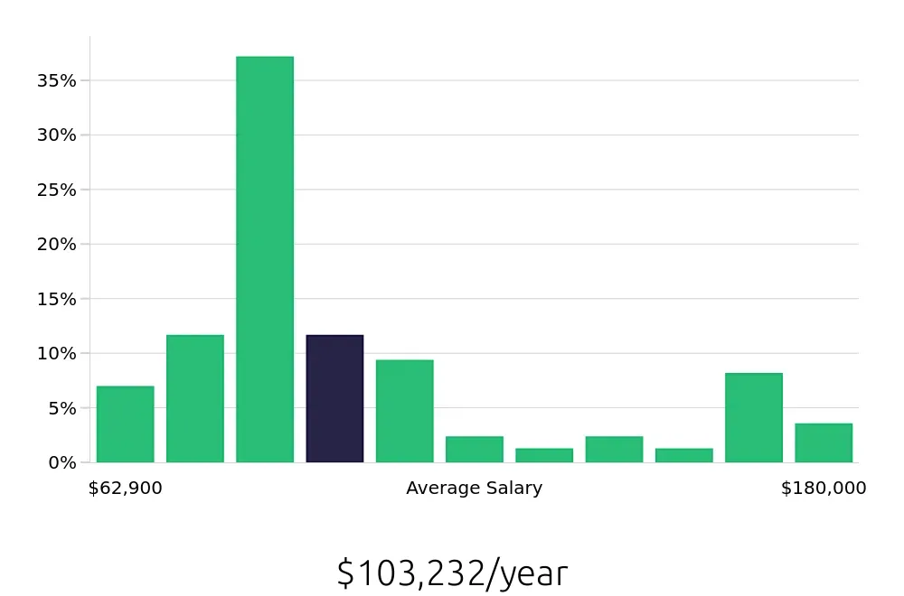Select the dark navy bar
pyautogui.click(x=334, y=398)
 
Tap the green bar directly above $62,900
pyautogui.click(x=125, y=424)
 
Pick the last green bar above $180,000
pyautogui.click(x=824, y=442)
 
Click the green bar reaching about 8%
pyautogui.click(x=754, y=417)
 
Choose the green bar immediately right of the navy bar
pyautogui.click(x=404, y=411)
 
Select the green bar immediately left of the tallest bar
pyautogui.click(x=194, y=398)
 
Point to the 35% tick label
pyautogui.click(x=57, y=80)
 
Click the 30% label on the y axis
pyautogui.click(x=57, y=135)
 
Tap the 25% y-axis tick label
pyautogui.click(x=57, y=190)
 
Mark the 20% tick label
pyautogui.click(x=57, y=244)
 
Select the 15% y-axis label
pyautogui.click(x=57, y=299)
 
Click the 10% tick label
pyautogui.click(x=57, y=353)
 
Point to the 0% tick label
pyautogui.click(x=61, y=462)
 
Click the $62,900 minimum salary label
pyautogui.click(x=126, y=489)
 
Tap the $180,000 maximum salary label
pyautogui.click(x=824, y=489)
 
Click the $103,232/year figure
pyautogui.click(x=452, y=573)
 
